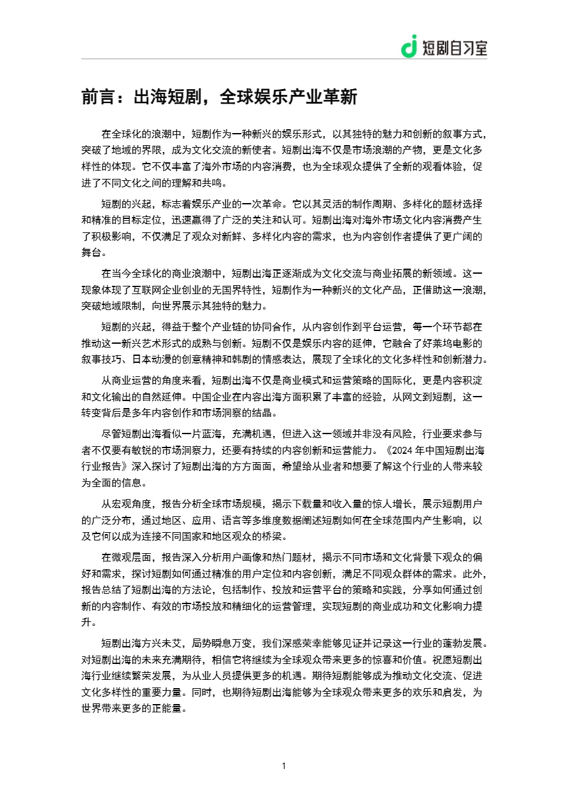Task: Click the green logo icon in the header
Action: coord(409,46)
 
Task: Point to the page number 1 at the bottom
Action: coord(284,766)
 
